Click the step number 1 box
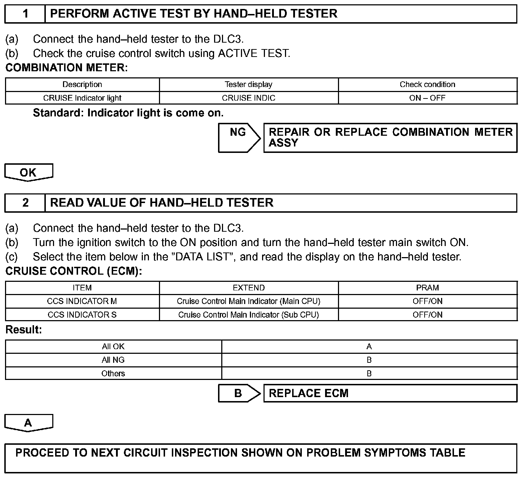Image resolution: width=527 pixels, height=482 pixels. [25, 14]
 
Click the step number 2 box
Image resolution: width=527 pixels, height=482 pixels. [25, 203]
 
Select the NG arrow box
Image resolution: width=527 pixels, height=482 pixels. [239, 138]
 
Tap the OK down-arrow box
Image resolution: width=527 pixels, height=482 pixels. [28, 172]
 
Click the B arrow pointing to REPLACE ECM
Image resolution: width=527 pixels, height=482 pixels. [239, 393]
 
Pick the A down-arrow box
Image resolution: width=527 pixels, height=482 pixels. [28, 423]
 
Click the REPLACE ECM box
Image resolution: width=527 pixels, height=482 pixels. [390, 393]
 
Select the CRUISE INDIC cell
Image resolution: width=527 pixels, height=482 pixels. [248, 98]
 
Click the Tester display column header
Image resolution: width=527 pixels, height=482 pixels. [248, 85]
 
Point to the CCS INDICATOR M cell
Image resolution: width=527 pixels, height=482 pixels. [82, 301]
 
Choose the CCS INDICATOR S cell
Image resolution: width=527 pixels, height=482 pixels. [82, 315]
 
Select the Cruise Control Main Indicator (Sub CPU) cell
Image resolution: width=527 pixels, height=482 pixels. [248, 315]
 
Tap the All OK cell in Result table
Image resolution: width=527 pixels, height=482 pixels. [113, 346]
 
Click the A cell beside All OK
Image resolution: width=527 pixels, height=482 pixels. [369, 346]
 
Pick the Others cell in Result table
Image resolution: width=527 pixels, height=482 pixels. [113, 373]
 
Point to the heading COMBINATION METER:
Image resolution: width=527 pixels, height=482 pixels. [67, 68]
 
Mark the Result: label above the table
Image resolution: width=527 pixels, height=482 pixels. [24, 329]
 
